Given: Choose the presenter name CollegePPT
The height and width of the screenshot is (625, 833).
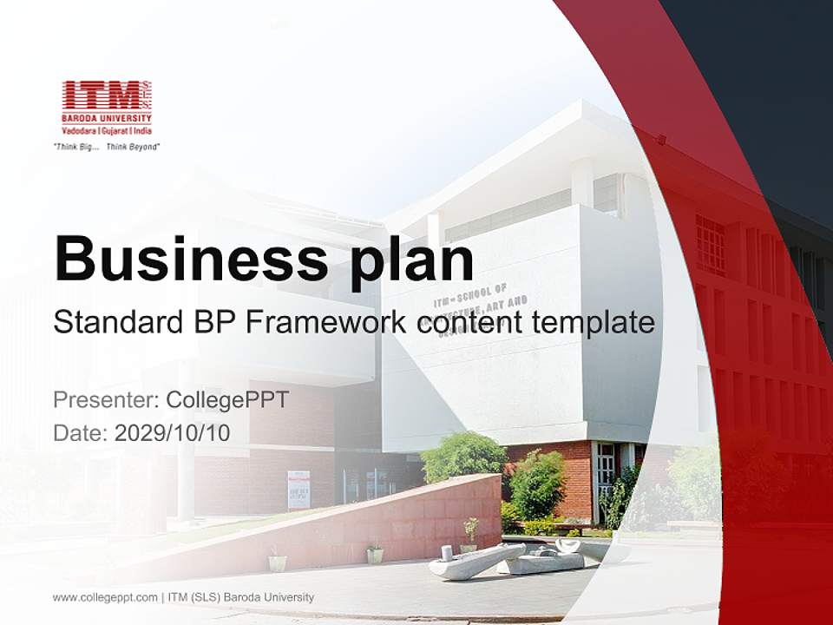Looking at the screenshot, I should click(x=226, y=400).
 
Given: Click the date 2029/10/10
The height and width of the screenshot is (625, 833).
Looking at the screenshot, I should click(x=172, y=432).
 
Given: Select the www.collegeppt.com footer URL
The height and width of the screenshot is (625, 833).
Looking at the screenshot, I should click(x=105, y=597).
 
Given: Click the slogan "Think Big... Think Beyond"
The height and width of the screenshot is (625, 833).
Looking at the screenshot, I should click(x=107, y=147).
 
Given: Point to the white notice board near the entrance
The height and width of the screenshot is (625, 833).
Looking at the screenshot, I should click(x=298, y=489).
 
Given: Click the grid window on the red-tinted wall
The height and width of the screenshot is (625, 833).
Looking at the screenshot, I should click(x=710, y=244).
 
